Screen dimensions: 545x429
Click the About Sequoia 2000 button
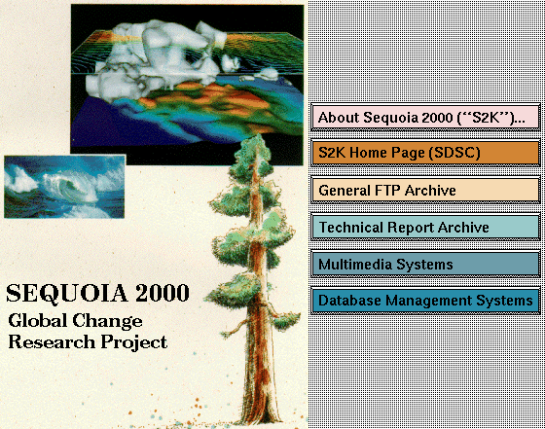tap(426, 117)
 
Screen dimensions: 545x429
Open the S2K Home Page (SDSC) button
tap(426, 153)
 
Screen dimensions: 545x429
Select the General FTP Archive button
tap(426, 190)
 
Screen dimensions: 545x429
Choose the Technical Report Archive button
tap(426, 228)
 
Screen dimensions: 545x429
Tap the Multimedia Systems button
tap(426, 264)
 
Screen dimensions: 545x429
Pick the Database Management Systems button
tap(426, 301)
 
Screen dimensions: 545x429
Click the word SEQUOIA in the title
tap(67, 294)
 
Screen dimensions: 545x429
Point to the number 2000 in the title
tap(163, 293)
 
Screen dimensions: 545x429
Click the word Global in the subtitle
tap(38, 320)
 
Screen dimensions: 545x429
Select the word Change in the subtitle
tap(107, 321)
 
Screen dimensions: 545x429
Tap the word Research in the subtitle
tap(52, 341)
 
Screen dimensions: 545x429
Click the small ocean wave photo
tap(64, 187)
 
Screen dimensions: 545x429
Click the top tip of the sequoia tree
tap(258, 135)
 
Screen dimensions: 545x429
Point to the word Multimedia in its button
tap(355, 265)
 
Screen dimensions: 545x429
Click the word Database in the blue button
tap(349, 301)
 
